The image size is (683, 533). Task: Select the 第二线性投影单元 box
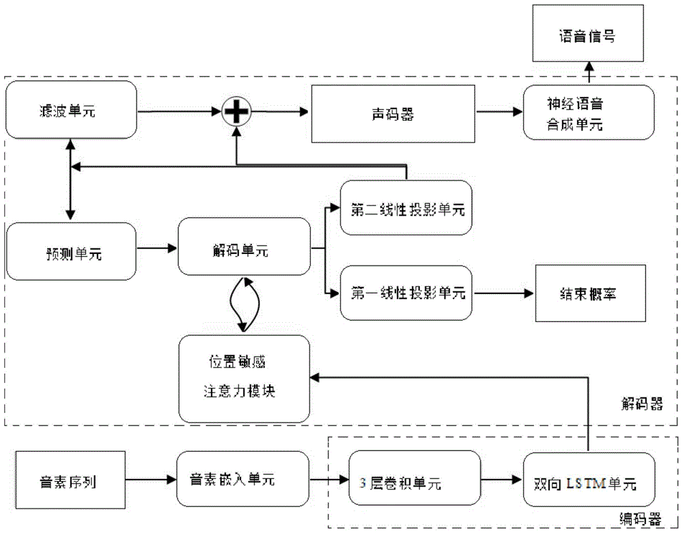point(407,210)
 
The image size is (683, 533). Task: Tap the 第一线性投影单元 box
point(407,293)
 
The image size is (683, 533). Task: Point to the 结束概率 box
point(589,293)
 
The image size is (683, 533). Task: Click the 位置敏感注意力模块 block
point(243,379)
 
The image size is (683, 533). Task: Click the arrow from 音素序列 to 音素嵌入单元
point(158,480)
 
